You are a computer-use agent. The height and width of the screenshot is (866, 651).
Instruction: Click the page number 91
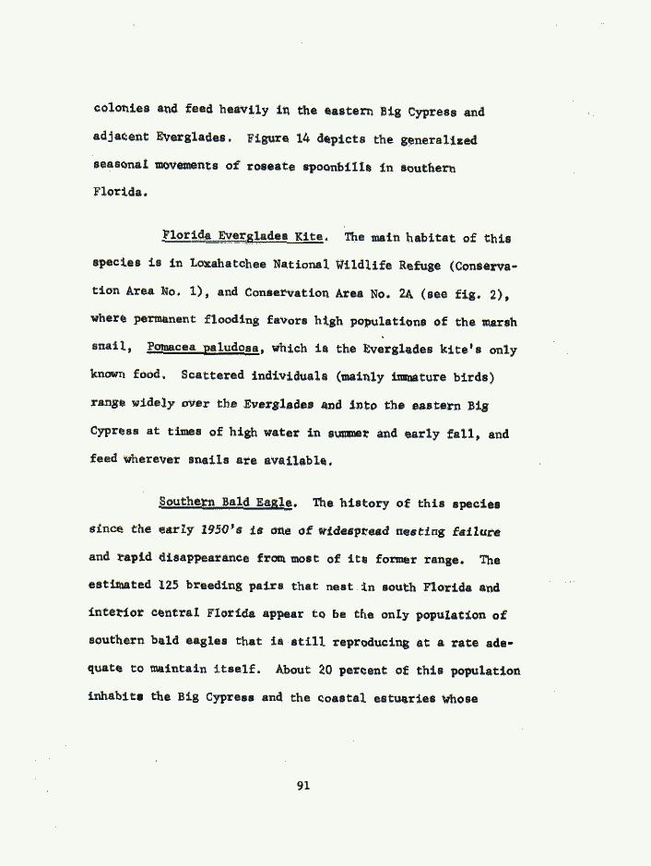pyautogui.click(x=304, y=785)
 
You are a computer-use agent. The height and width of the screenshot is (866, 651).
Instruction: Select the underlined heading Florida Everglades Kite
pyautogui.click(x=242, y=237)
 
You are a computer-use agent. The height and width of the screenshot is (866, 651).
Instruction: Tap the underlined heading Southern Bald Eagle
pyautogui.click(x=227, y=504)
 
